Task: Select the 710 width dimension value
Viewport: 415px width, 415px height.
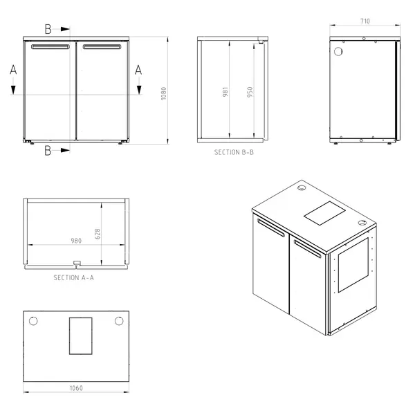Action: click(x=365, y=21)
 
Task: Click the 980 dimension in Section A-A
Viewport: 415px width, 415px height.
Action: click(x=75, y=241)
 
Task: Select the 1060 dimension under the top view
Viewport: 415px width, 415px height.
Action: click(x=76, y=388)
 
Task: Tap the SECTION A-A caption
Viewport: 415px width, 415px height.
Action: click(x=74, y=277)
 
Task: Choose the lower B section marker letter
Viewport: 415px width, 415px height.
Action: click(x=48, y=149)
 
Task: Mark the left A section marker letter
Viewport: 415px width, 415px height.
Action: click(x=13, y=69)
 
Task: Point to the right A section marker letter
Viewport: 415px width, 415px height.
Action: click(x=138, y=69)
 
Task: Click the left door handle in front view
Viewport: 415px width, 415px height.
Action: click(x=50, y=47)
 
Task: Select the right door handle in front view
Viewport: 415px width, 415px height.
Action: click(x=102, y=47)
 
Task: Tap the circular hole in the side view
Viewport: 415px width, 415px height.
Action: click(x=338, y=52)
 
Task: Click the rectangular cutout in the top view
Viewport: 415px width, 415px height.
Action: click(x=81, y=335)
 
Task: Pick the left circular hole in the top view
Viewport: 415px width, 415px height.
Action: click(x=33, y=321)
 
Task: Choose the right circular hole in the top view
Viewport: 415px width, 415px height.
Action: click(x=119, y=321)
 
